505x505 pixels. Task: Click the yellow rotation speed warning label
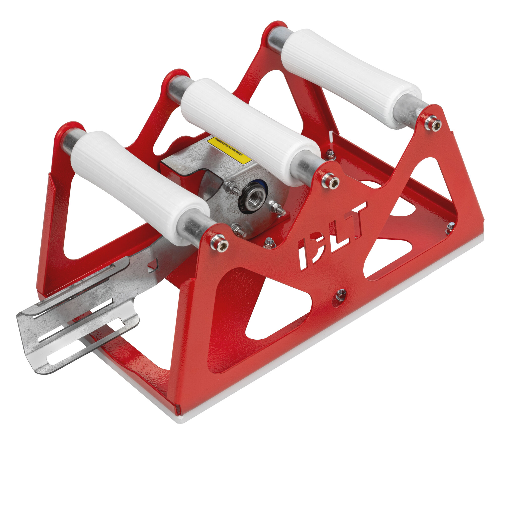coord(229,150)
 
